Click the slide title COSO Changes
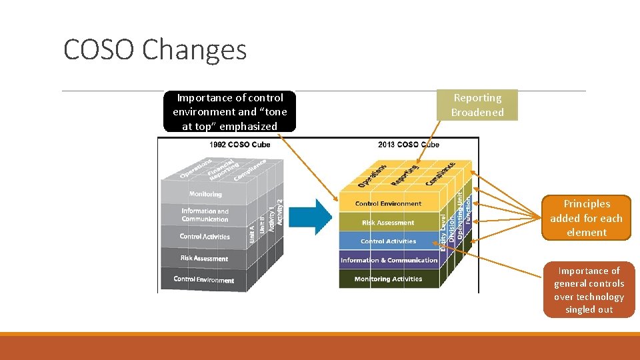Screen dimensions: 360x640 [x=155, y=49]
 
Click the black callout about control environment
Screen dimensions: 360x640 [x=229, y=111]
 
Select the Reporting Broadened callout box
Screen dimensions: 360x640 [x=477, y=105]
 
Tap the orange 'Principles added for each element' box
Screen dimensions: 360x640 [x=586, y=218]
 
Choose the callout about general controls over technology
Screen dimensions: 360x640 [x=589, y=290]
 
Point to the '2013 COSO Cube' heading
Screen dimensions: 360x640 [x=408, y=145]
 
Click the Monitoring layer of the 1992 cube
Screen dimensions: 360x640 [x=205, y=194]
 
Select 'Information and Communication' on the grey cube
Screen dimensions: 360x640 [x=205, y=215]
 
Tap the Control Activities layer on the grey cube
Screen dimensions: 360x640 [x=205, y=237]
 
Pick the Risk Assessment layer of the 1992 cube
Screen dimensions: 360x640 [x=204, y=259]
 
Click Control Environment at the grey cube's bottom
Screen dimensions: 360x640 [x=204, y=279]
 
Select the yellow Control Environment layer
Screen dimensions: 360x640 [x=388, y=203]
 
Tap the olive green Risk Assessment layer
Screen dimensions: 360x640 [x=388, y=223]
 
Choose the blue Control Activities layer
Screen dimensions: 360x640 [x=388, y=241]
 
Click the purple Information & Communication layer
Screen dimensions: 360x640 [x=389, y=260]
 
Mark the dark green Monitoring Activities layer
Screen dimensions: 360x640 [x=388, y=279]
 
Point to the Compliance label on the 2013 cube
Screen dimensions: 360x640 [x=440, y=174]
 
